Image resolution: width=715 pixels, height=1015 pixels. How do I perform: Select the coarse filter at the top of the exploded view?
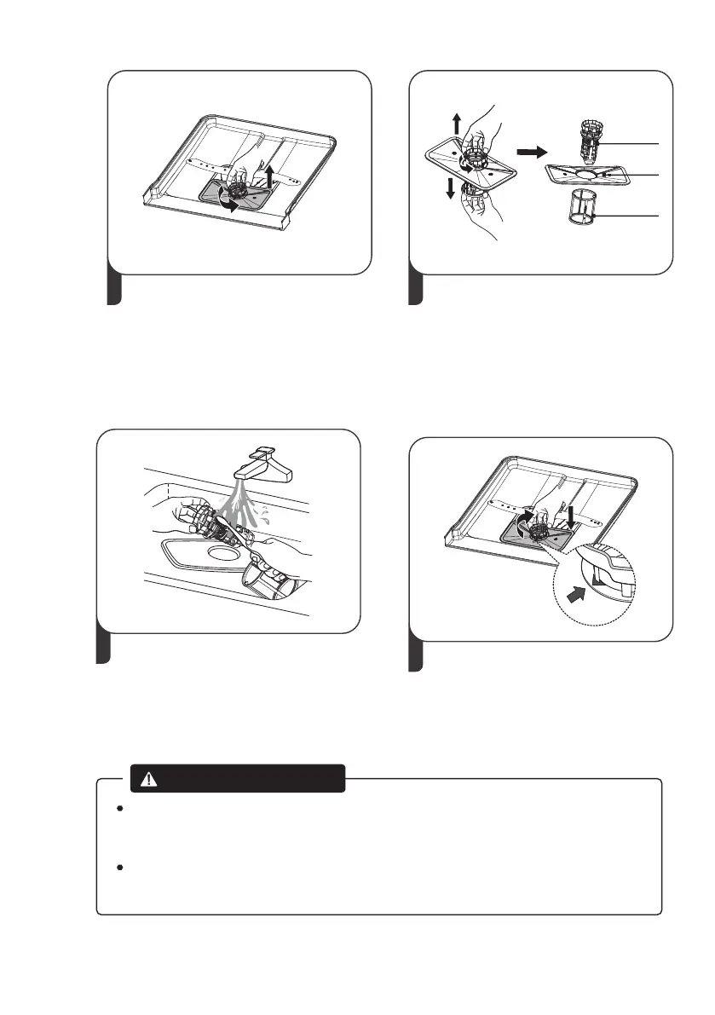click(x=588, y=140)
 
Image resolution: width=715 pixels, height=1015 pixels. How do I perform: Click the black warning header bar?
click(x=238, y=778)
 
